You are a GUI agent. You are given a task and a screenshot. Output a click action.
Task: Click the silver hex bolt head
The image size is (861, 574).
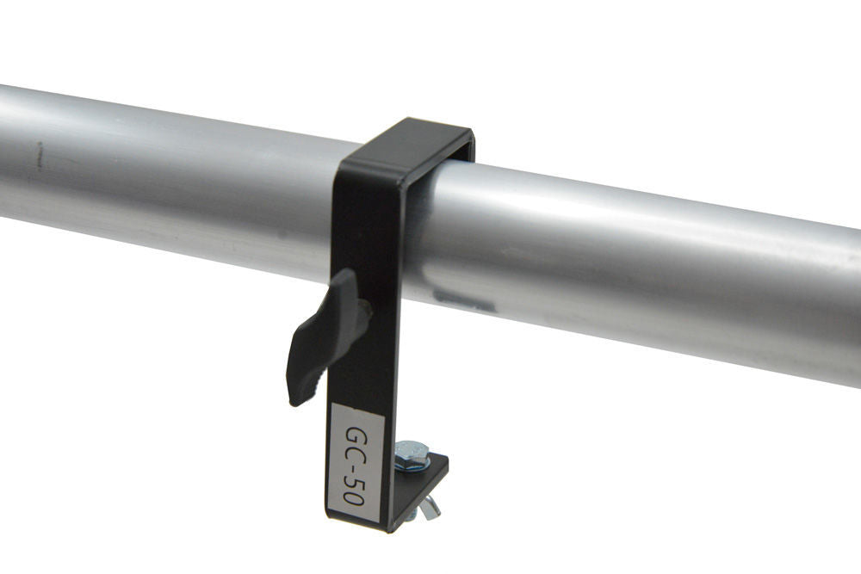[x=412, y=454]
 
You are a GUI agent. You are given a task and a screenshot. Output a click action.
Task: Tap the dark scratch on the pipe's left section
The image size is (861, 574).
[x=40, y=156]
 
